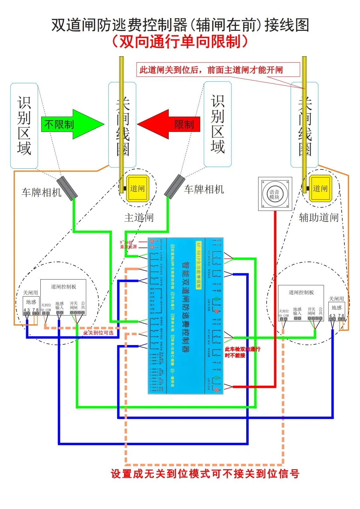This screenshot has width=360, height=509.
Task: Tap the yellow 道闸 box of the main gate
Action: pyautogui.click(x=138, y=188)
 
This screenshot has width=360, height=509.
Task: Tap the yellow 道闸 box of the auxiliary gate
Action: pyautogui.click(x=320, y=188)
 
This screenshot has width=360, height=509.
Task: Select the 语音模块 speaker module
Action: pyautogui.click(x=275, y=194)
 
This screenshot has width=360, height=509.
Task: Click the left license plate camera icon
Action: pyautogui.click(x=67, y=188)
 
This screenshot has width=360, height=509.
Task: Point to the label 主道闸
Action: pyautogui.click(x=139, y=218)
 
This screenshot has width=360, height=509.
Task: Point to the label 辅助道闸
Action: pyautogui.click(x=319, y=218)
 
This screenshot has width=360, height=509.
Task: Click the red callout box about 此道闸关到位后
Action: pyautogui.click(x=218, y=70)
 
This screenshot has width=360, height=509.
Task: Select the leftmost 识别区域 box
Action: pyautogui.click(x=24, y=126)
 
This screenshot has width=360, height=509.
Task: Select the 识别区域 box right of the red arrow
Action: pyautogui.click(x=218, y=124)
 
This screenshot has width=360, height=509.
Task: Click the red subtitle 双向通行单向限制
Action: pyautogui.click(x=180, y=42)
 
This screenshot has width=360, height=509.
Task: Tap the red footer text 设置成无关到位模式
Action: pyautogui.click(x=205, y=474)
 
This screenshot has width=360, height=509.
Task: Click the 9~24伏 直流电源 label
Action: pyautogui.click(x=128, y=244)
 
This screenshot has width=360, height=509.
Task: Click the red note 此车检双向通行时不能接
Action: pyautogui.click(x=242, y=352)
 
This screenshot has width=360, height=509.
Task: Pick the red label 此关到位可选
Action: pyautogui.click(x=98, y=333)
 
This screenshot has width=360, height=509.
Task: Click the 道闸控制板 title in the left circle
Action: pyautogui.click(x=64, y=287)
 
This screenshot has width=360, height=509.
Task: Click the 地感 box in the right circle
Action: pyautogui.click(x=336, y=308)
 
